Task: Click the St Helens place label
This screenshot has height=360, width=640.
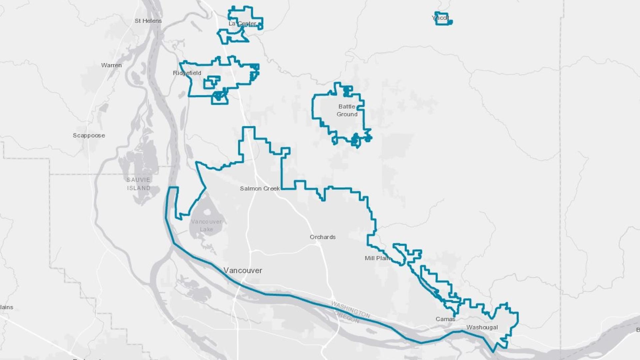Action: pos(148,21)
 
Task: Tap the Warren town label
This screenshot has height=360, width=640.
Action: pos(111,65)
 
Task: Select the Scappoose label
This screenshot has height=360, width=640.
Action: pos(89,135)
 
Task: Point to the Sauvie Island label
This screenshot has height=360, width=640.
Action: pos(138,184)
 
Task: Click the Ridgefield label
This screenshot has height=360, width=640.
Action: pos(187,73)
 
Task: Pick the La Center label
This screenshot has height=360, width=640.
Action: pos(242,24)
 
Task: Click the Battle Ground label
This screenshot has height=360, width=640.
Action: pos(347,110)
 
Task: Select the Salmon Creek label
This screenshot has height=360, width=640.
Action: pos(260,188)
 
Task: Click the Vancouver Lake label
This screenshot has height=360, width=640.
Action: pos(206,225)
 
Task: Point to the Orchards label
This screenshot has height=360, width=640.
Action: pos(322,237)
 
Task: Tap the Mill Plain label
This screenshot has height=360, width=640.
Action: pos(377,258)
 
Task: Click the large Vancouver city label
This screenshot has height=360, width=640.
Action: pos(243,270)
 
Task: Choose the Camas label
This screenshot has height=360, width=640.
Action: pos(445,319)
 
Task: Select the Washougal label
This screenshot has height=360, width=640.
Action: pos(482,327)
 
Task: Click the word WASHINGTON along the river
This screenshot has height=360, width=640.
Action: pos(350,309)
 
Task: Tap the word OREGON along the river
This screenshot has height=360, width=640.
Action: pos(347,317)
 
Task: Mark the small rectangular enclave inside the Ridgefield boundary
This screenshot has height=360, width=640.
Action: pos(212,82)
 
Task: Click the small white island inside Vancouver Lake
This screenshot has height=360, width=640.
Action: pos(207,212)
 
